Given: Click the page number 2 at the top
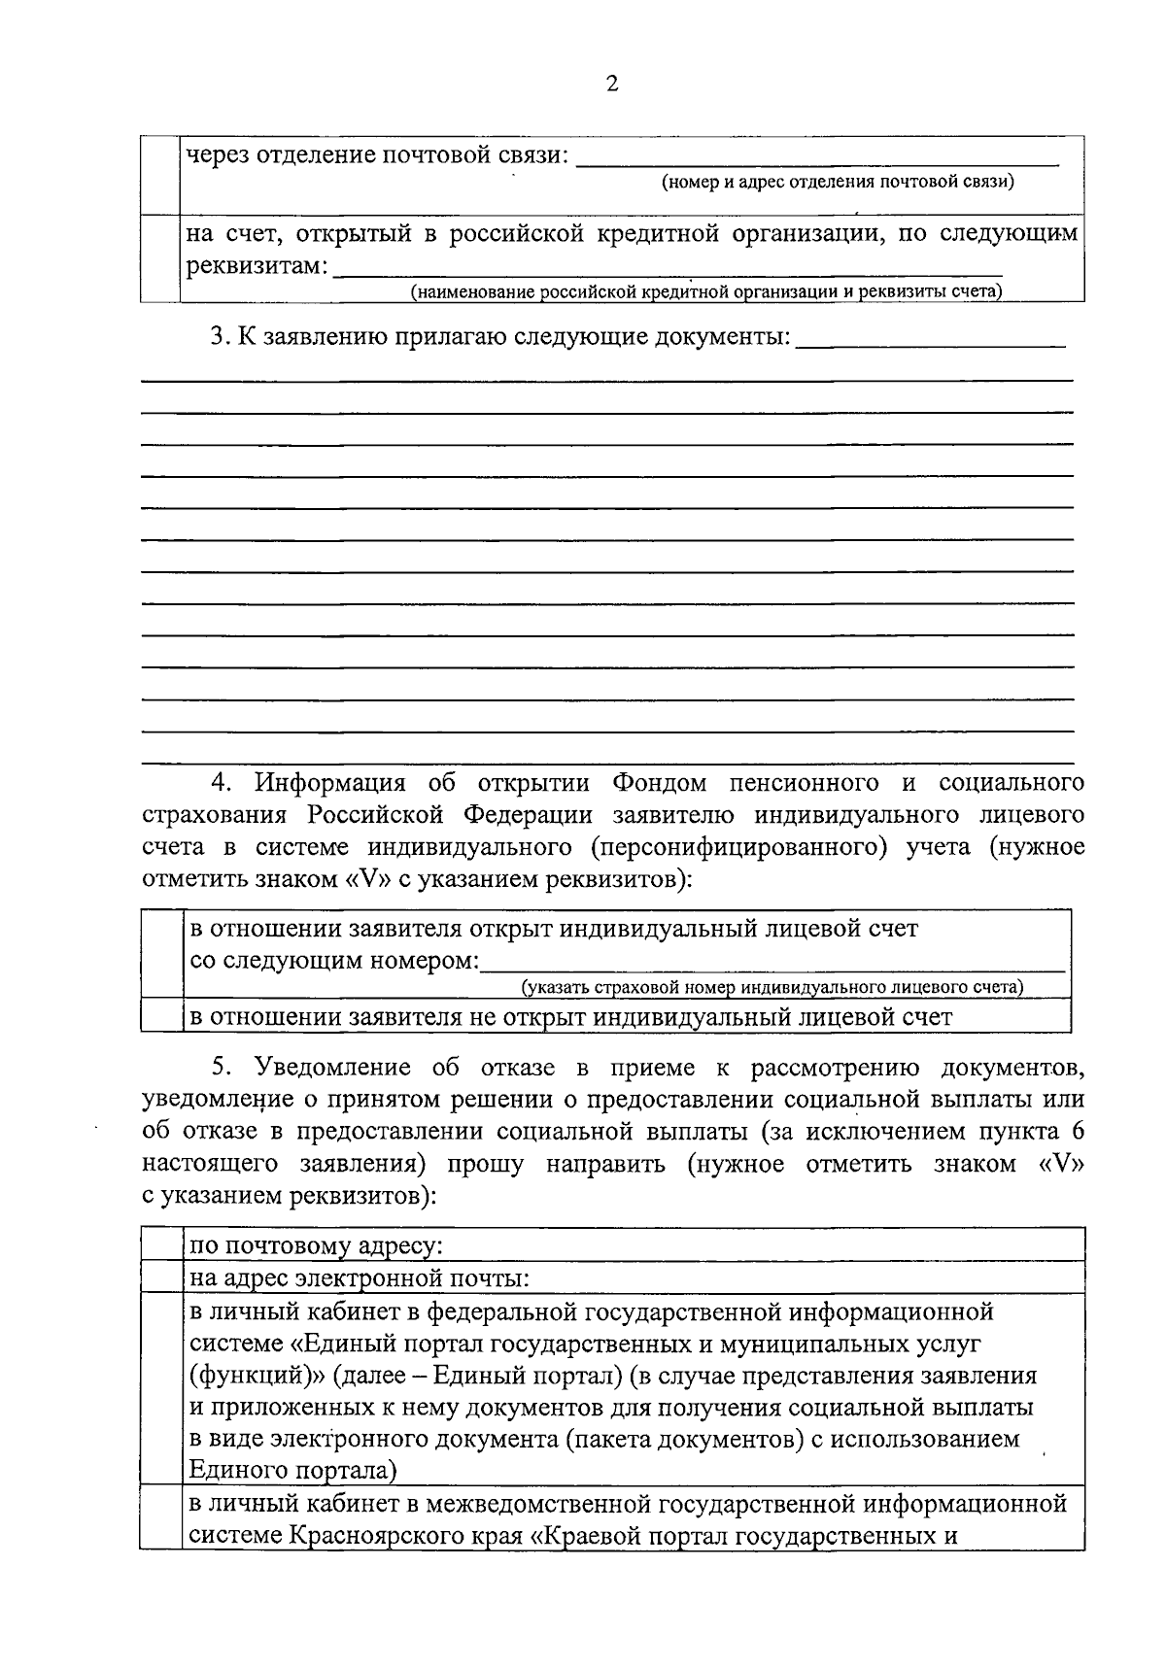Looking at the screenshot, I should [611, 85].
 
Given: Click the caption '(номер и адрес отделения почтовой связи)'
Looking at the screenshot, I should [838, 182].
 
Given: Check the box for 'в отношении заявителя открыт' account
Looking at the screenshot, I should [162, 953].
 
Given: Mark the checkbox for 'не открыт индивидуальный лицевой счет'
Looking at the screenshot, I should [162, 1015].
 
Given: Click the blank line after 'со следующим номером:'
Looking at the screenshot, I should [772, 962].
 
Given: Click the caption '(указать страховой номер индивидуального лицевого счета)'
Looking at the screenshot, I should [772, 988].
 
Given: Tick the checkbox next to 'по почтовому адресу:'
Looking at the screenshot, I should [161, 1244].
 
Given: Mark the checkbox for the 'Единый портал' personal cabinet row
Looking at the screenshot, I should [161, 1389].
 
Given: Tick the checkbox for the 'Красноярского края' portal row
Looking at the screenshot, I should [161, 1519].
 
